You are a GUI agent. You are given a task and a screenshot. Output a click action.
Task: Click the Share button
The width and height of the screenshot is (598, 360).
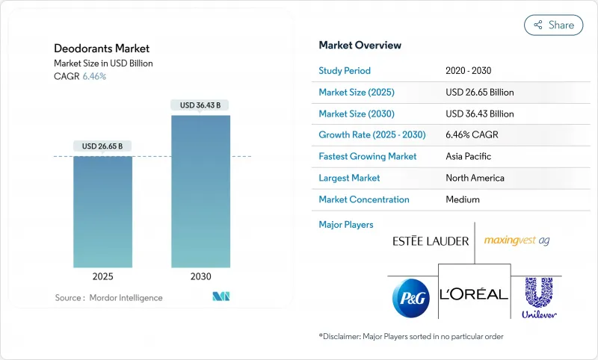tap(553, 25)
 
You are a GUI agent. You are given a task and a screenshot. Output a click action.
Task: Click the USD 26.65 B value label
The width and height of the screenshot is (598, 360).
tap(102, 146)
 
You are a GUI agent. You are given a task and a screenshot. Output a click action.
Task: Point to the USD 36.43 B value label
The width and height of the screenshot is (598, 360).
tap(200, 105)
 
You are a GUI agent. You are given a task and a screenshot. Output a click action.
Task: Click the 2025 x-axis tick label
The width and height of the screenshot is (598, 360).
tap(102, 276)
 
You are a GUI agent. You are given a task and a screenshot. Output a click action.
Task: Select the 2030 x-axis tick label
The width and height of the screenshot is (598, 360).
tap(200, 276)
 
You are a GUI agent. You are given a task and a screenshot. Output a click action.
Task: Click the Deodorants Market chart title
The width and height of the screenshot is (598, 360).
tap(102, 49)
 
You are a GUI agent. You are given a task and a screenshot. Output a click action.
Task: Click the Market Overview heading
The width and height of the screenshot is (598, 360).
tap(360, 46)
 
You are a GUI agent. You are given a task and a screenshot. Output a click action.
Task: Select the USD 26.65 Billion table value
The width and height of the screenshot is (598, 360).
tap(479, 93)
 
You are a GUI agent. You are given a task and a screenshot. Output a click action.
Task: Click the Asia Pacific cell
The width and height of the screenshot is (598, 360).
tap(468, 157)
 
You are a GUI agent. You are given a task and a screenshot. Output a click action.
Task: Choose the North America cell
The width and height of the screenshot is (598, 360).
tap(474, 178)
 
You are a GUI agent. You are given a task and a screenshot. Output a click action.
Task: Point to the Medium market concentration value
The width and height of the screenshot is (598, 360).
tap(462, 199)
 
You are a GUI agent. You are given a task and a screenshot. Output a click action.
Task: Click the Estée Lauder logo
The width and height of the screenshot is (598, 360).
tap(431, 241)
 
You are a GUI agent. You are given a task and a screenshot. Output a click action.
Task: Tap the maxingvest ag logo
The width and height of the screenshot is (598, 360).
tap(517, 240)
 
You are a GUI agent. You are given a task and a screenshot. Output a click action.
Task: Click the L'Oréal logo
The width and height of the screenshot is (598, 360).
tap(474, 294)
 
